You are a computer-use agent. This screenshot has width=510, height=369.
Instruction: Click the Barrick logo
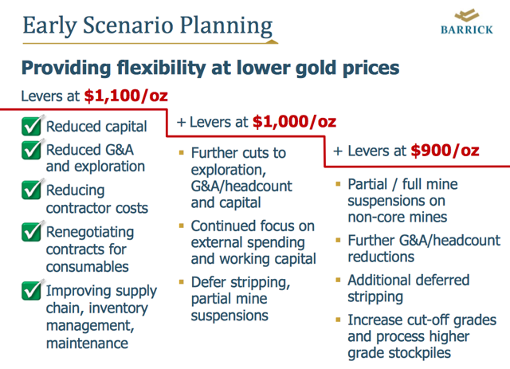(467, 22)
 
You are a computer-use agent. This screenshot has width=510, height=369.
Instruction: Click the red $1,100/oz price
(126, 96)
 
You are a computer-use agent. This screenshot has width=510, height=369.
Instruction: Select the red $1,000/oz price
(294, 122)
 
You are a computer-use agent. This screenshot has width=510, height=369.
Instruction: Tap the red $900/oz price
(445, 151)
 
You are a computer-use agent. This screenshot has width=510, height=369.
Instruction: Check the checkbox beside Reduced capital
(32, 126)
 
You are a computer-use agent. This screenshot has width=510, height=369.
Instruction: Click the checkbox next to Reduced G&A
(32, 149)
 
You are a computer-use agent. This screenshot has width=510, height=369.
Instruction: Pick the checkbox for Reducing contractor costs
(32, 189)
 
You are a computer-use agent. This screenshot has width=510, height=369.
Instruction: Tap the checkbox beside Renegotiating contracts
(32, 231)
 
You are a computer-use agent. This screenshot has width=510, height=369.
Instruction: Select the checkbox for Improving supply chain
(32, 290)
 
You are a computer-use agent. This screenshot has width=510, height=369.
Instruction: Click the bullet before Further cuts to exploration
(182, 152)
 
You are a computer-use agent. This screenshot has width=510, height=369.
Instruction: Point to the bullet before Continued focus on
(182, 226)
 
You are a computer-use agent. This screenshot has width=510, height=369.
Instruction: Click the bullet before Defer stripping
(182, 281)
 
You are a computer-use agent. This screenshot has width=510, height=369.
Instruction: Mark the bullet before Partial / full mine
(338, 184)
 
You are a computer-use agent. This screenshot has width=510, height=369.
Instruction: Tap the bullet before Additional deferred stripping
(338, 280)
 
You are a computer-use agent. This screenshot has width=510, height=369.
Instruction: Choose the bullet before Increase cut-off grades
(338, 320)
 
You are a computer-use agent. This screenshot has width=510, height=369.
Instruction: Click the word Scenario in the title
(128, 25)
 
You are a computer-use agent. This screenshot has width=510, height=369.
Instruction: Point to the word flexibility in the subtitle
(161, 68)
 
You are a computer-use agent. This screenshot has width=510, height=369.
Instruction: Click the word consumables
(88, 267)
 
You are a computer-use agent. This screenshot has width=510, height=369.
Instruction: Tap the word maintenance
(87, 343)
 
